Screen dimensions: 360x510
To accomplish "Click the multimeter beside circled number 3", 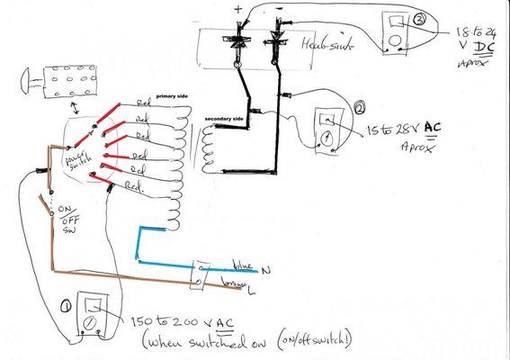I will [395, 30].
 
